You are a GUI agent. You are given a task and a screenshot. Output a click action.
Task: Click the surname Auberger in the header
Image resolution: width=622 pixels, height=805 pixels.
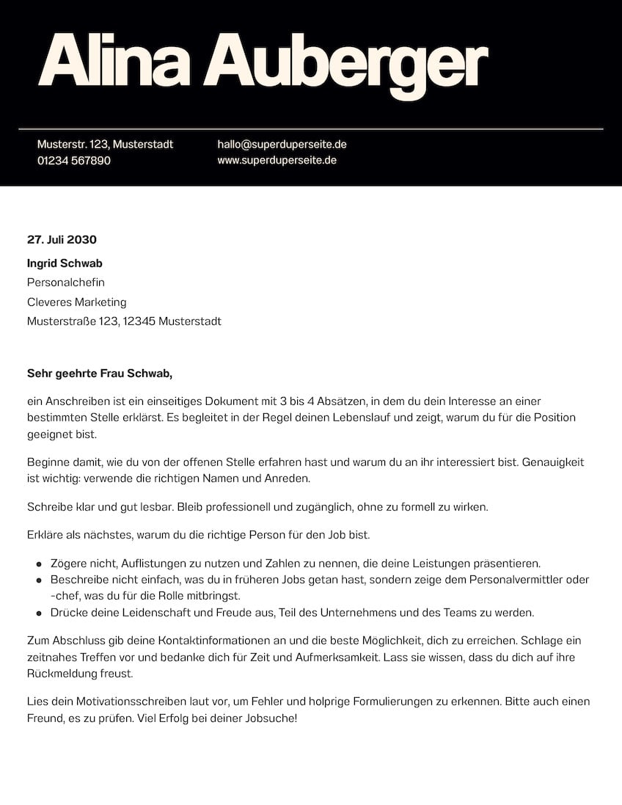click(345, 65)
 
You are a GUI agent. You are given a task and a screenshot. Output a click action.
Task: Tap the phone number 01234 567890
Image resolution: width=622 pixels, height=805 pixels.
click(73, 160)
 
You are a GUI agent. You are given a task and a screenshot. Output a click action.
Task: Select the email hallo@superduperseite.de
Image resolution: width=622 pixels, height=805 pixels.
click(282, 145)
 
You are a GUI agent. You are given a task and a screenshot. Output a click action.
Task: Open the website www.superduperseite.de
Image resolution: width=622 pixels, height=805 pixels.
click(277, 160)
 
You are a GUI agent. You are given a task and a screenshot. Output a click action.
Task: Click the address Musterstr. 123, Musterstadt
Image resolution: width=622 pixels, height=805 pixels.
click(105, 145)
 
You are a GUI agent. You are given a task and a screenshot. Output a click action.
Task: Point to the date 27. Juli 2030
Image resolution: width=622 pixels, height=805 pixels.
click(62, 239)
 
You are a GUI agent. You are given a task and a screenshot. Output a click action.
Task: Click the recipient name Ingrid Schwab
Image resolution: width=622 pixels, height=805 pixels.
click(65, 263)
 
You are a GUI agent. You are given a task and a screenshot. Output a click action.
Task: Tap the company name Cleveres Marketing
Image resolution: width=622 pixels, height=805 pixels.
click(76, 302)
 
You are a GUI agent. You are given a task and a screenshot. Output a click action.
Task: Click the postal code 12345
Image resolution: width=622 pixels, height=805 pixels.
click(139, 321)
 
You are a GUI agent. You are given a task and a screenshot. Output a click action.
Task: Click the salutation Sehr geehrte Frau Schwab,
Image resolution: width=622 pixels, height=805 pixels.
click(99, 374)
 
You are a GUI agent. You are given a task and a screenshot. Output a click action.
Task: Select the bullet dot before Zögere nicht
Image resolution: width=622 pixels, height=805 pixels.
click(38, 564)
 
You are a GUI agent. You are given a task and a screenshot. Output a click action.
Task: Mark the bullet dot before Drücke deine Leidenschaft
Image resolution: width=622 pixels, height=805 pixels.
click(38, 613)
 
